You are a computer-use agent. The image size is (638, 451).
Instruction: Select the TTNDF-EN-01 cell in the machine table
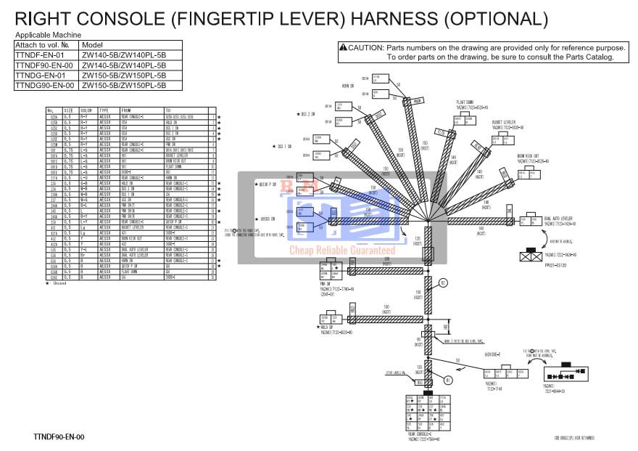tap(43, 54)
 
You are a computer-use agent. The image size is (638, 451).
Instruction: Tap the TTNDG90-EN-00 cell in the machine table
tap(45, 85)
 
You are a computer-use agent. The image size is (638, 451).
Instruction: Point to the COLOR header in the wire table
tap(86, 110)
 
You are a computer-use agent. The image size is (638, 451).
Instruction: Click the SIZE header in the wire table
tap(68, 110)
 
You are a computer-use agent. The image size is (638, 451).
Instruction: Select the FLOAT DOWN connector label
tap(465, 102)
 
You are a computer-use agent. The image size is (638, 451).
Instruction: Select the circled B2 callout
tap(444, 282)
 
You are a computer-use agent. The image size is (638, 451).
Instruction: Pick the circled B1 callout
tap(447, 378)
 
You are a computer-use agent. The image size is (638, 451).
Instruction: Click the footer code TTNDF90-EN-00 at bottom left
tap(59, 437)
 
